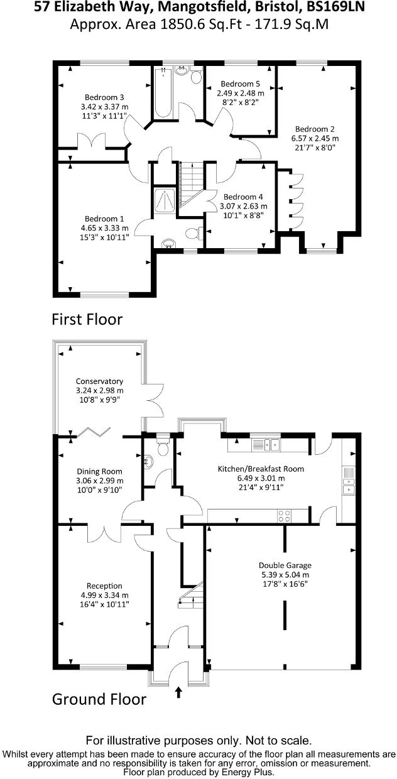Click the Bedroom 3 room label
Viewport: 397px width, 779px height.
[104, 97]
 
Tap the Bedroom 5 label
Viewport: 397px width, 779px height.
[240, 84]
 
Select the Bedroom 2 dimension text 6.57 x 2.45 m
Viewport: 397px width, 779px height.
[315, 138]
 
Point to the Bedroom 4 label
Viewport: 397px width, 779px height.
[243, 197]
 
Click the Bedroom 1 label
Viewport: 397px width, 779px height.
[104, 219]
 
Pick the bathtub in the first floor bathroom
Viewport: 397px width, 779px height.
[163, 92]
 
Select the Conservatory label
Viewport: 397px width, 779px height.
[99, 381]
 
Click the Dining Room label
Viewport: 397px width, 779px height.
[99, 472]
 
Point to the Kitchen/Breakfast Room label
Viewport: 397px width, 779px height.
[261, 469]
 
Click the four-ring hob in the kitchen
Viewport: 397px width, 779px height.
[285, 516]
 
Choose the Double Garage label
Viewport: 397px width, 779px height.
[285, 565]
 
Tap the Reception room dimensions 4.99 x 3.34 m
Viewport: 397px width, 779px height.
[104, 596]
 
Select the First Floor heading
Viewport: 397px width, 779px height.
[87, 320]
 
